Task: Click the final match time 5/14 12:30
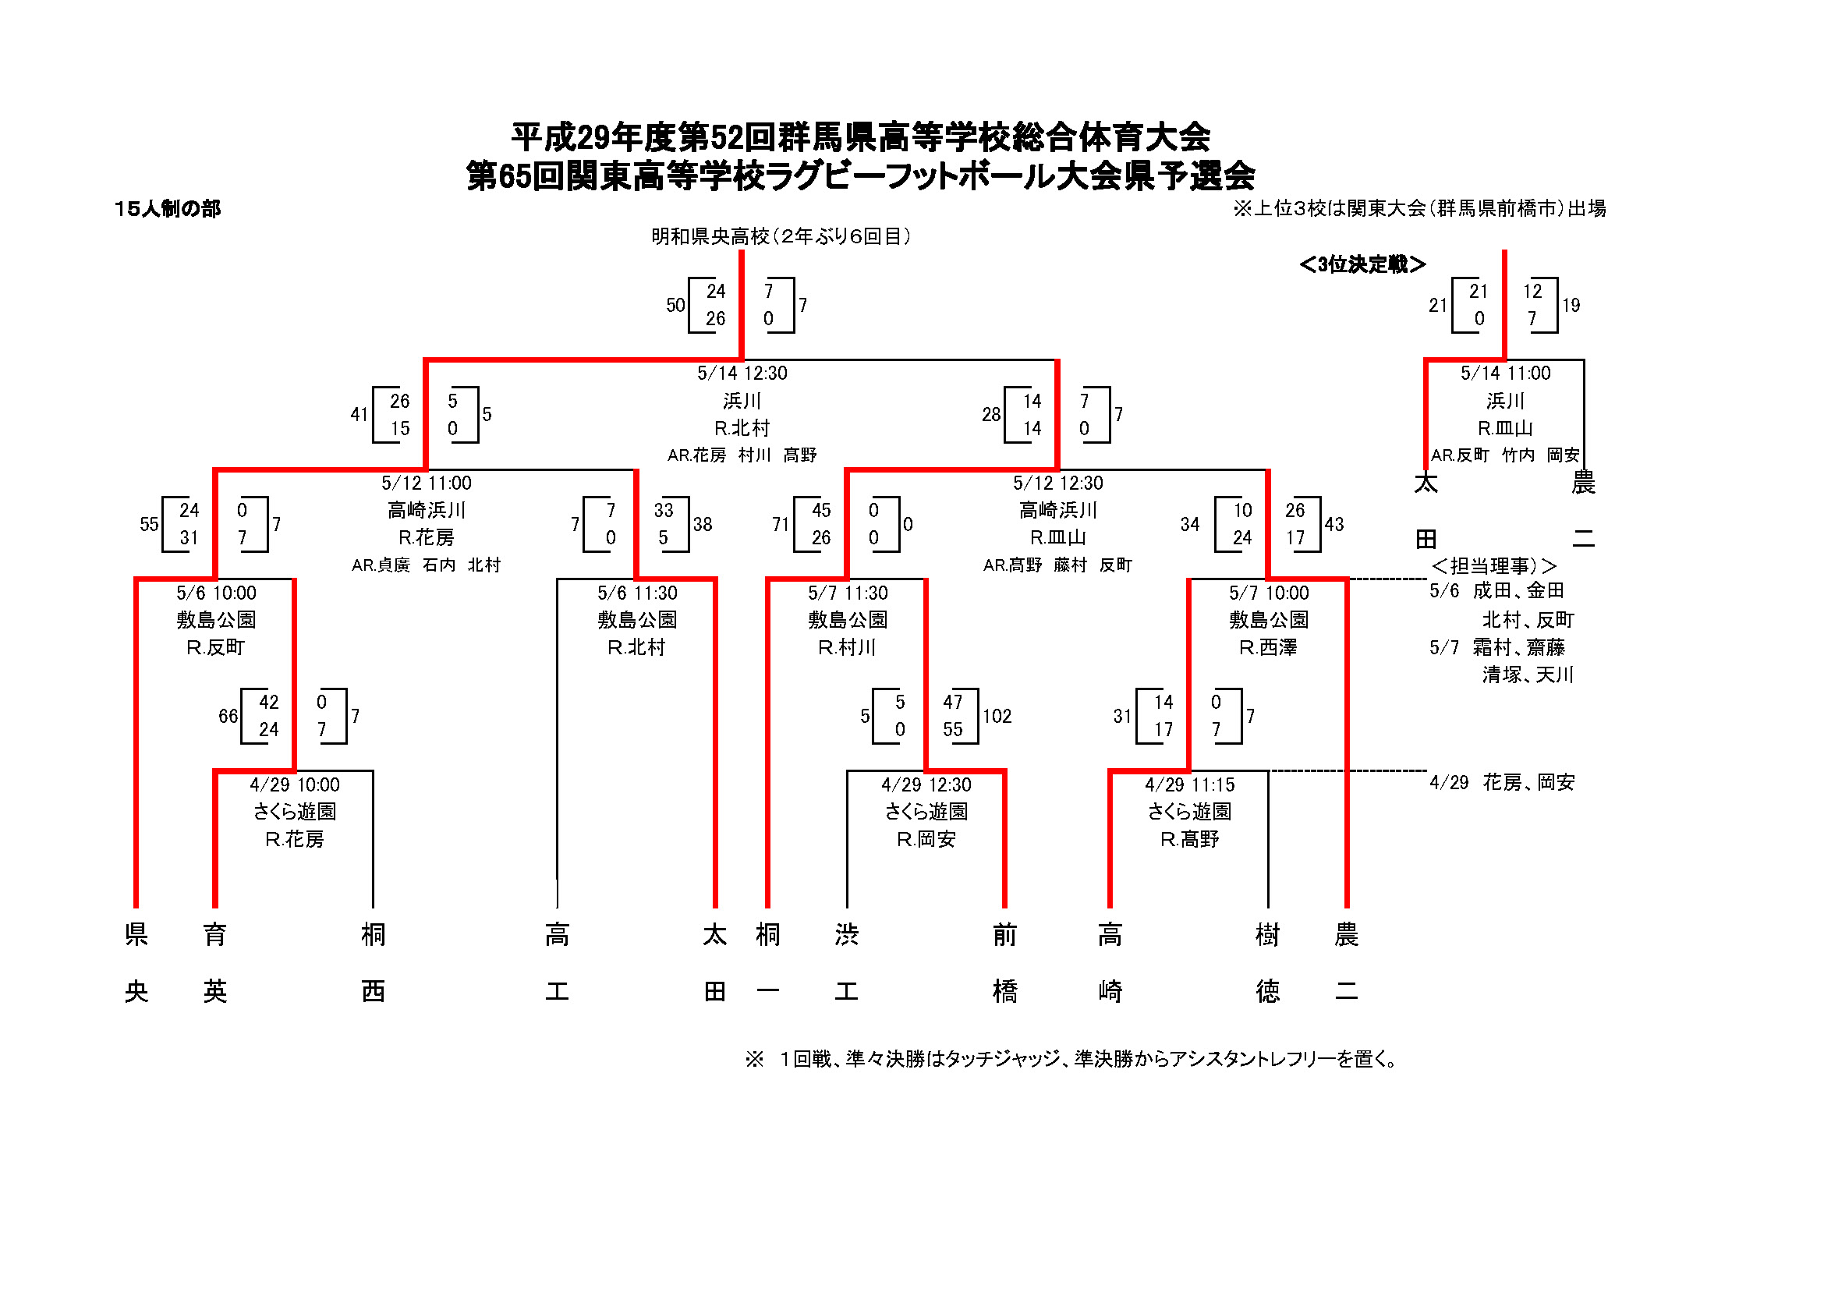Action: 742,374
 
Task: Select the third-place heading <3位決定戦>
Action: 1362,264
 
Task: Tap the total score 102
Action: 997,717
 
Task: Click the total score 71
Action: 780,525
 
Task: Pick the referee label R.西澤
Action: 1268,648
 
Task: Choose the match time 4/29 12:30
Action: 926,785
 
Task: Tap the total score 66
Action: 228,717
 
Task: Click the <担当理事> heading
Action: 1493,566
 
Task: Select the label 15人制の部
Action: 168,209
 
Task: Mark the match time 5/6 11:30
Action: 637,593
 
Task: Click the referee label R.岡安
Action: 926,840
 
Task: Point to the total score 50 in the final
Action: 675,306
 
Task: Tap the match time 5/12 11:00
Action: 427,483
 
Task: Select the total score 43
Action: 1333,525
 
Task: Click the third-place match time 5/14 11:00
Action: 1505,374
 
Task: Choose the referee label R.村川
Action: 847,648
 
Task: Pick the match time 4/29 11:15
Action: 1189,785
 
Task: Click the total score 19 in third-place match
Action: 1571,306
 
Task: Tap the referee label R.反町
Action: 215,648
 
